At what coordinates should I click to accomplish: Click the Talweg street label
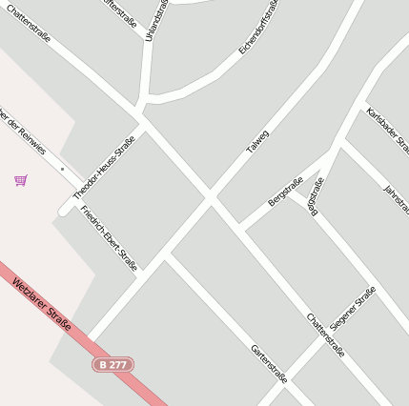click(258, 143)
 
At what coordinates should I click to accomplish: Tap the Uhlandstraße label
click(150, 19)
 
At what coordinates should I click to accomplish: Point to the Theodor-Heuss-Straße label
click(104, 167)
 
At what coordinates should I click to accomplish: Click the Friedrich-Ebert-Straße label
click(110, 237)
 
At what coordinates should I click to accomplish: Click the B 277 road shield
click(113, 364)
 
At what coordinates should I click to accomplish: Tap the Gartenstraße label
click(269, 362)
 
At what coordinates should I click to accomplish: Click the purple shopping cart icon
click(21, 179)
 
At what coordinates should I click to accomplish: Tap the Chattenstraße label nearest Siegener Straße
click(325, 335)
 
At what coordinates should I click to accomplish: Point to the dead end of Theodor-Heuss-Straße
click(65, 209)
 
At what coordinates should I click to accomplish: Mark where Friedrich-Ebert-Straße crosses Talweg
click(164, 255)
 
